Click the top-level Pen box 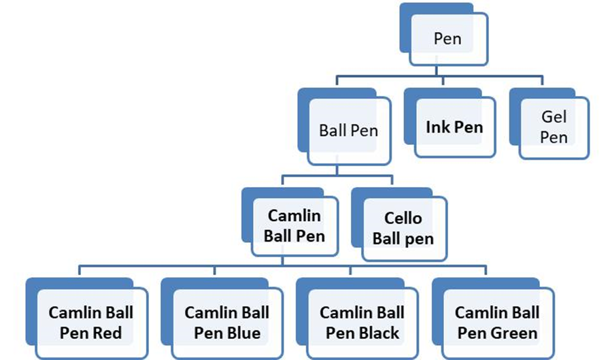pos(447,38)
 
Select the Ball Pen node pos(348,131)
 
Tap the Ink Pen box pos(454,127)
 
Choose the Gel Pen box pos(554,127)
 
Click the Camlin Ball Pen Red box pos(90,323)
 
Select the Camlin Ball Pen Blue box pos(226,323)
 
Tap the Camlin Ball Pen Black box pos(362,323)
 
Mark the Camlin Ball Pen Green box pos(497,323)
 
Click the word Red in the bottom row pos(107,333)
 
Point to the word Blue pos(243,333)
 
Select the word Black pos(379,333)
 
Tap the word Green pos(515,333)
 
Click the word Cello pos(403,218)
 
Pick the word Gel pos(554,117)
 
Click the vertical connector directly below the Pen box pos(442,71)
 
